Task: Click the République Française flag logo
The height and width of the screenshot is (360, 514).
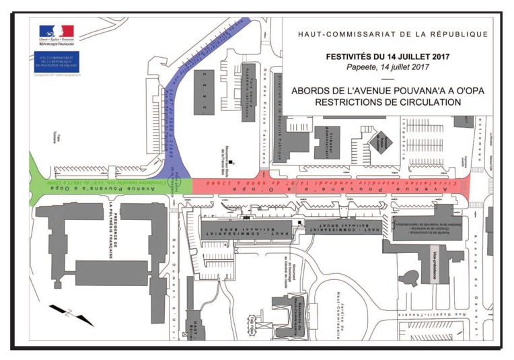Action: coord(57,33)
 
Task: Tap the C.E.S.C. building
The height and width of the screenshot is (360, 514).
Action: coord(204,91)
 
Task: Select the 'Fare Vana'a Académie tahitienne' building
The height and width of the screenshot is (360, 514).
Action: coord(248,92)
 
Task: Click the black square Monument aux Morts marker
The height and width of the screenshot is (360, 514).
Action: coord(231,162)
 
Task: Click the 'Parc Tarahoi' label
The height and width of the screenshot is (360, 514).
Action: coord(57,126)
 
